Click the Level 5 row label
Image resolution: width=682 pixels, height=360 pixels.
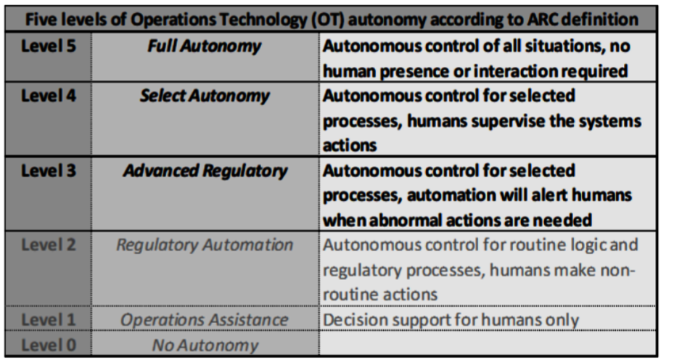(49, 46)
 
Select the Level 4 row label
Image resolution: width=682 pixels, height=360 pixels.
(49, 95)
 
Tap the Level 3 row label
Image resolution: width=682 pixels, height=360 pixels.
(49, 171)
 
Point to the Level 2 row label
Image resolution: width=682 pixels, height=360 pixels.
(49, 245)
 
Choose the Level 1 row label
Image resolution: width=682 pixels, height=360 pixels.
(49, 319)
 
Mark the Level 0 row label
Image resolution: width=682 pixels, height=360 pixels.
(49, 345)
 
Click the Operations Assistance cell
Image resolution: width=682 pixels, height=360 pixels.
(205, 320)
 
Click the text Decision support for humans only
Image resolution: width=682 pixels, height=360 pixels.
(451, 320)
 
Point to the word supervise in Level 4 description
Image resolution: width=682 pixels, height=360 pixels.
(508, 121)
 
